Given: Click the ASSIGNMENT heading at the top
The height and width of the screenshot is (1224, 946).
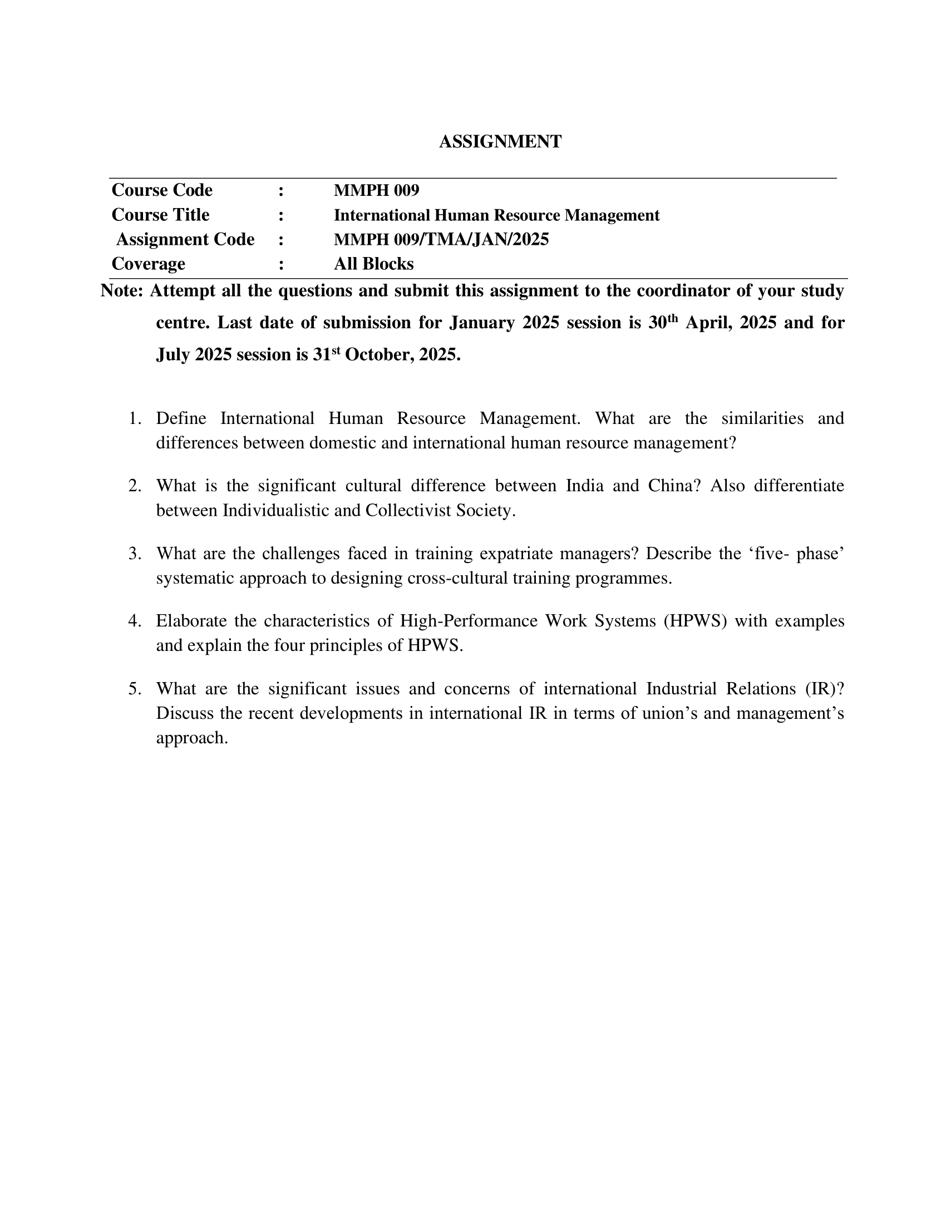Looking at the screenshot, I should point(500,142).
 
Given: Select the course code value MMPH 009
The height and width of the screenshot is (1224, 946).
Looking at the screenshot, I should point(376,190).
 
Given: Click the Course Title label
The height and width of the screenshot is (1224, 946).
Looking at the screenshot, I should point(160,215).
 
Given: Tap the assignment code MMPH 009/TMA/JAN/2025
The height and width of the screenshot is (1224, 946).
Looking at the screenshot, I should point(441,239).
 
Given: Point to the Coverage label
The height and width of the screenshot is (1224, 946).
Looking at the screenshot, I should point(148,263).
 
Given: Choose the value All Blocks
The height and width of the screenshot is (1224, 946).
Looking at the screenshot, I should point(373,263).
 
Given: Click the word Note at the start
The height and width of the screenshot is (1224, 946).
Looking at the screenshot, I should point(122,291).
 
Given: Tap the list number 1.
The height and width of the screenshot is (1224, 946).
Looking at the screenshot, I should point(135,418).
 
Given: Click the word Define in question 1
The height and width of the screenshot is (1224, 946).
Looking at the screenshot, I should point(181,418).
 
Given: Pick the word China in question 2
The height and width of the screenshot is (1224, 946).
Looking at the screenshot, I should point(674,485).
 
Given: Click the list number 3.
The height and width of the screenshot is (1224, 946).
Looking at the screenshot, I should point(135,553).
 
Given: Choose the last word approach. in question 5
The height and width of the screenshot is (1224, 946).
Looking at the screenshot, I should point(191,738).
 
